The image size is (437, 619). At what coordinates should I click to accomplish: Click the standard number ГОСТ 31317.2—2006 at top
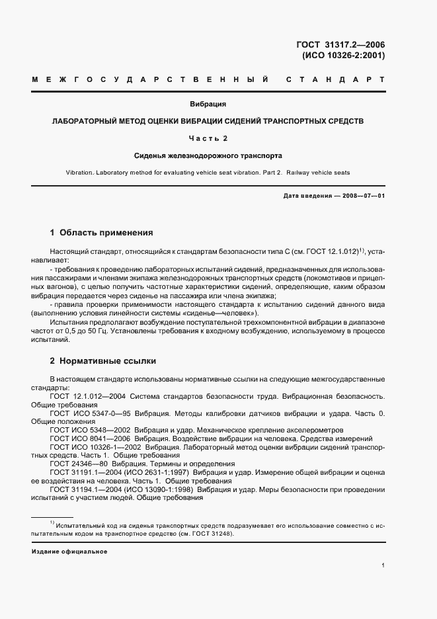pos(340,45)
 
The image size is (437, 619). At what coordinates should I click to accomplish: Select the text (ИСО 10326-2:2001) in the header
pos(343,56)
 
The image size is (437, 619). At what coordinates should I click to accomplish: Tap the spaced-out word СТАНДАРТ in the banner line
pos(335,80)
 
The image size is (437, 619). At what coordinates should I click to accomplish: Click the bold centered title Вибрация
pos(208,104)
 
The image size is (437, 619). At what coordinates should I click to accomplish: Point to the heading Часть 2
pos(208,138)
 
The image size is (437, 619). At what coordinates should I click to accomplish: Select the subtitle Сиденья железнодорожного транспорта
pos(208,156)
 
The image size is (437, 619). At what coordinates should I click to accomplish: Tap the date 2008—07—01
pos(365,197)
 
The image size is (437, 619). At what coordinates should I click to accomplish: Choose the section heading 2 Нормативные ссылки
pos(103,362)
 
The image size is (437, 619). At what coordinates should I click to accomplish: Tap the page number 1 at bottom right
pos(383,565)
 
